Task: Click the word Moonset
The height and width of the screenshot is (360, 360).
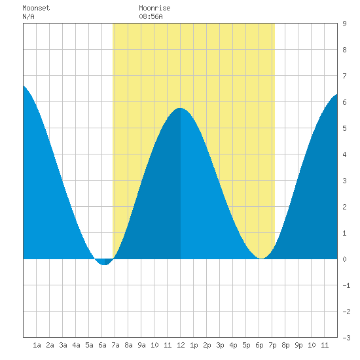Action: click(x=36, y=8)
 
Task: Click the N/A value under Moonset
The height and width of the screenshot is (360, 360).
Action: click(x=28, y=16)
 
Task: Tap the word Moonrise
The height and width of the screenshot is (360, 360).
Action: click(x=154, y=8)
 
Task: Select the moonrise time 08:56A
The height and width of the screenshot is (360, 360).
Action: click(x=151, y=16)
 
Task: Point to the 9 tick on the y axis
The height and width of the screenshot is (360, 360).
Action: click(x=344, y=24)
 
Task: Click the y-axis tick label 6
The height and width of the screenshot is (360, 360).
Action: click(x=344, y=102)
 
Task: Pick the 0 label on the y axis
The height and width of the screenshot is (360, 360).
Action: click(x=344, y=259)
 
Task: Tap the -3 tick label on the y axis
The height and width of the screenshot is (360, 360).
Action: click(x=346, y=338)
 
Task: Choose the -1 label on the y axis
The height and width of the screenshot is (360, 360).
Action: click(x=346, y=285)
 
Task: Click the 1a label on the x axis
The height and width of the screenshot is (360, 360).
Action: click(x=37, y=345)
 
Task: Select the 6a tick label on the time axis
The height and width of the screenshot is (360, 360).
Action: click(x=102, y=345)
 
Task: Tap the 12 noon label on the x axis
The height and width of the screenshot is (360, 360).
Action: click(x=181, y=345)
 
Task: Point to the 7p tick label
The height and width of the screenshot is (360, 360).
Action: click(x=272, y=345)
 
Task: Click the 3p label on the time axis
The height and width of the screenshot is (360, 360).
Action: click(x=220, y=345)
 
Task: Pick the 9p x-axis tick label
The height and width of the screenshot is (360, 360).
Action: click(x=298, y=345)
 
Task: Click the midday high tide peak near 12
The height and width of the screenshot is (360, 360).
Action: click(x=180, y=108)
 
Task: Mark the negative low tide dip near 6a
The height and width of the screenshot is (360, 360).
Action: click(x=104, y=264)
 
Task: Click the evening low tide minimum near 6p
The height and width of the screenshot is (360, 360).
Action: click(x=262, y=259)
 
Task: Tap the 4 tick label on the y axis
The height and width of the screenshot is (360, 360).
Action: click(x=344, y=154)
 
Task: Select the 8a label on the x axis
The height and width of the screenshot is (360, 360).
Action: click(x=128, y=345)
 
